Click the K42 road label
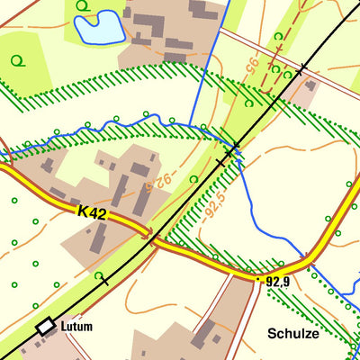point(93,213)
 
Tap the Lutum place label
point(77,327)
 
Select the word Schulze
point(293,333)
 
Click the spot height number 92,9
point(277,282)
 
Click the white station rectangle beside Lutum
point(46,327)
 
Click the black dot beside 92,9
point(259,281)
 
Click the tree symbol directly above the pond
point(83,6)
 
